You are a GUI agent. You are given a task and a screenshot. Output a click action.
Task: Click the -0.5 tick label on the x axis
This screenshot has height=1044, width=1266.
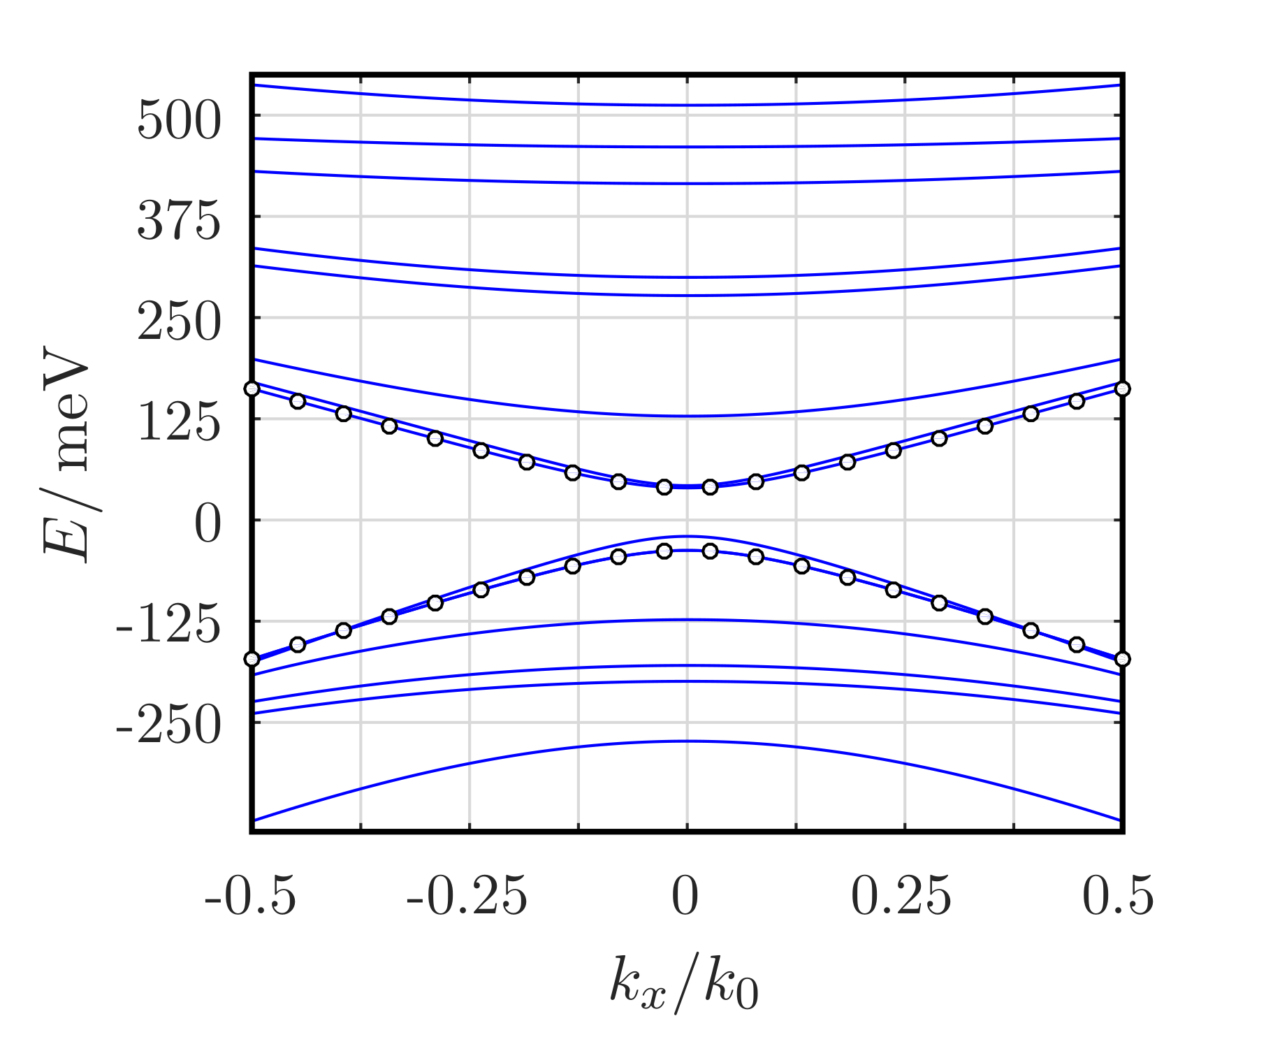[x=251, y=896]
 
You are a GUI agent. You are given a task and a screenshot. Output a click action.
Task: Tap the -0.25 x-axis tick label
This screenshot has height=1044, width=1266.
[x=467, y=896]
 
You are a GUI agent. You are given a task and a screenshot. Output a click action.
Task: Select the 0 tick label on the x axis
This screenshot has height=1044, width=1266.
[x=685, y=896]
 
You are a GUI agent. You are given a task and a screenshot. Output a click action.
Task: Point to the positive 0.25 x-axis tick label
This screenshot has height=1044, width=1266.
[x=901, y=896]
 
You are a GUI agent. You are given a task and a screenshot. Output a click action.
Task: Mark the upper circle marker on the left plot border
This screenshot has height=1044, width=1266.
[x=252, y=389]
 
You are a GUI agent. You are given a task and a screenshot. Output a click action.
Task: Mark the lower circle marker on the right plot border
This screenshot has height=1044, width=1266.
[x=1122, y=659]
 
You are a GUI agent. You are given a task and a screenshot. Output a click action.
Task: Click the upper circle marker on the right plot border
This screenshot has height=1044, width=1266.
[x=1122, y=389]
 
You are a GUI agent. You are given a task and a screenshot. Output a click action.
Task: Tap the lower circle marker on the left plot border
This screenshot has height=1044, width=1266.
[x=252, y=659]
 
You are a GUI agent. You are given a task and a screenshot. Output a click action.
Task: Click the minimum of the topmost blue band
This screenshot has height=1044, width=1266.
[x=687, y=106]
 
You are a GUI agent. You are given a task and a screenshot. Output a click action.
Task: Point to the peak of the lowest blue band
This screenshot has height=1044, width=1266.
[x=687, y=741]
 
